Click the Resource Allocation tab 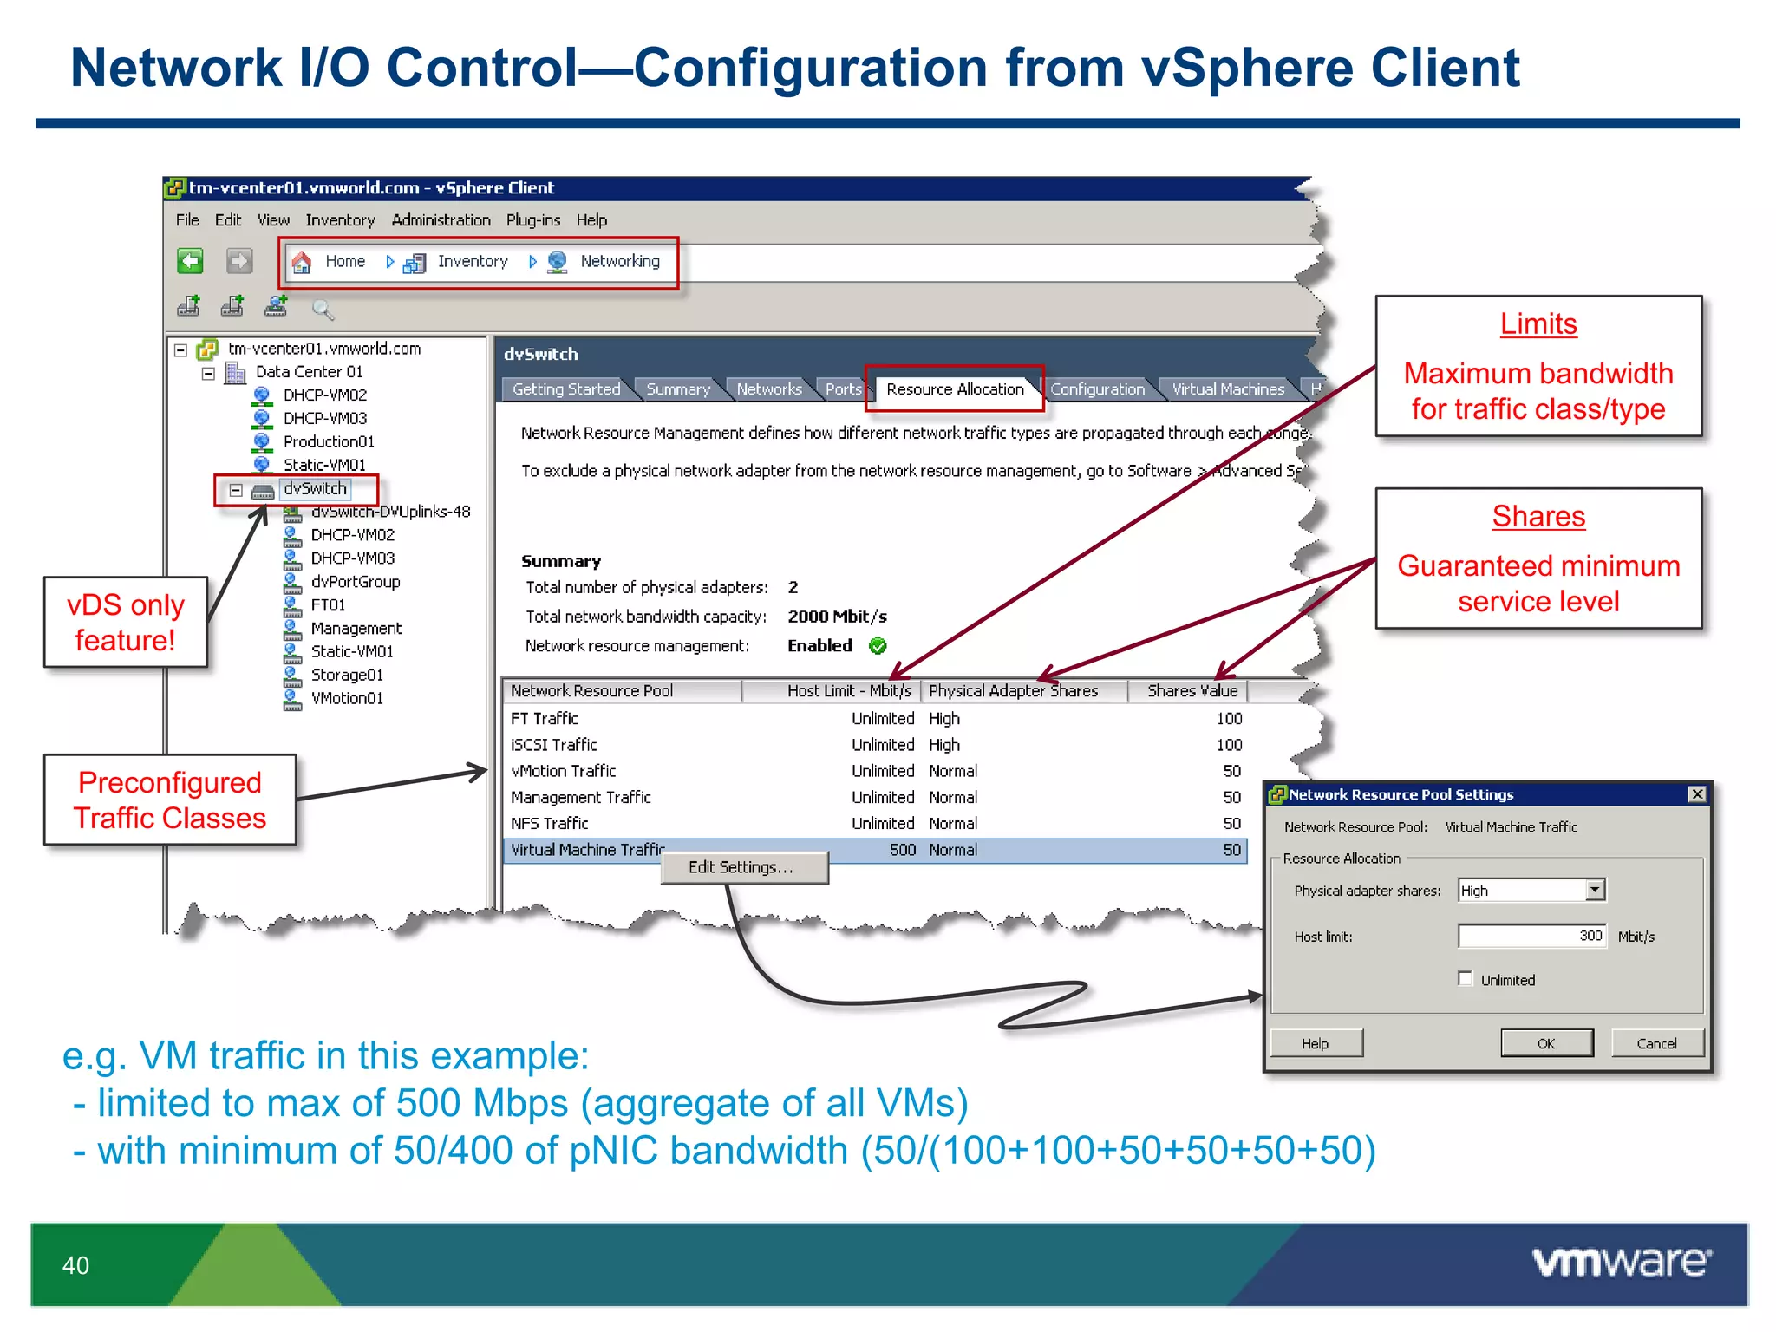tap(954, 389)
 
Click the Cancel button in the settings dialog tap(1656, 1043)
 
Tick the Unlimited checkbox tap(1466, 979)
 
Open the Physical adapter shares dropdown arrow tap(1595, 890)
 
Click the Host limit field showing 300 tap(1531, 936)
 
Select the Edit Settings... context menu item tap(741, 867)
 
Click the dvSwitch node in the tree tap(315, 489)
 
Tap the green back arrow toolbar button tap(190, 261)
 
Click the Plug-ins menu tap(532, 220)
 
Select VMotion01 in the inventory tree tap(347, 698)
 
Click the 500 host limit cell tap(902, 850)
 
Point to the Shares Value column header tap(1192, 691)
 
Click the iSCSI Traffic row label tap(554, 745)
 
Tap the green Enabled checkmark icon tap(878, 646)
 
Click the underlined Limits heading tap(1538, 324)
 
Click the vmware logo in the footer tap(1621, 1262)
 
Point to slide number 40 tap(75, 1265)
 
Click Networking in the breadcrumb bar tap(619, 262)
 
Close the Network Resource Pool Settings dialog tap(1696, 794)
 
